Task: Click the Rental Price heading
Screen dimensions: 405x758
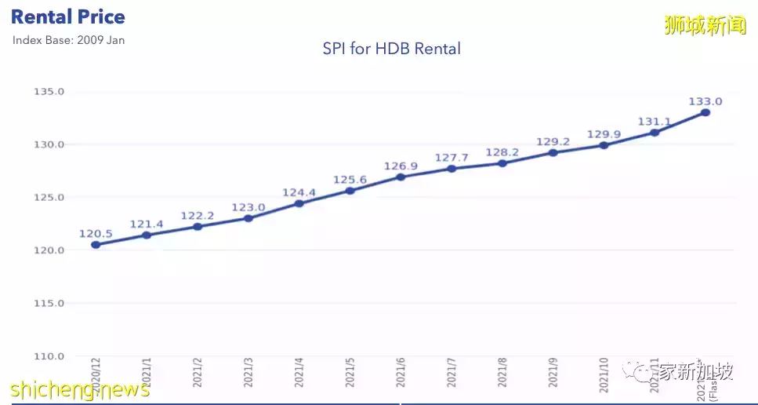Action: click(68, 16)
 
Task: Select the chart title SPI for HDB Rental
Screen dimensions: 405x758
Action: click(391, 49)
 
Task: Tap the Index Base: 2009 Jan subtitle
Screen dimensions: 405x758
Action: click(68, 40)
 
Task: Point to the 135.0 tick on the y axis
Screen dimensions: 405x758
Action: click(49, 92)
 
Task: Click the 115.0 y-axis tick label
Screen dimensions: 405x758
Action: click(49, 303)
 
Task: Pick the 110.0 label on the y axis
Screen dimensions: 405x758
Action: click(49, 356)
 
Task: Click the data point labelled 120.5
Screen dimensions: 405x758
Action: click(96, 245)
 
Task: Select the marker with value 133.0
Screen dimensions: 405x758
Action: click(705, 112)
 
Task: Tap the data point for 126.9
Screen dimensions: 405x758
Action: click(401, 177)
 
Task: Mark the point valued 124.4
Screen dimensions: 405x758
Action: click(299, 203)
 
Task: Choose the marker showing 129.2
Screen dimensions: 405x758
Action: click(553, 152)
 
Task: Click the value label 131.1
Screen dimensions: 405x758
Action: click(655, 122)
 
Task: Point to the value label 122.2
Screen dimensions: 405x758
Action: click(198, 216)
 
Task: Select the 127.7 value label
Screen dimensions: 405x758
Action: click(452, 157)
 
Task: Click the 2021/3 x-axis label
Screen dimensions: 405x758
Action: click(248, 372)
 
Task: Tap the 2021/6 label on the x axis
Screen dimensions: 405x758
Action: click(401, 372)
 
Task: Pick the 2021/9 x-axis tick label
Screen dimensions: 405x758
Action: click(553, 372)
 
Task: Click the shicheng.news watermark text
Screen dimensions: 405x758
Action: click(79, 389)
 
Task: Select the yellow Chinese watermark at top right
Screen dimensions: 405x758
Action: click(705, 25)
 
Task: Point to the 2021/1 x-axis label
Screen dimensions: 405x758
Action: click(147, 372)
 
